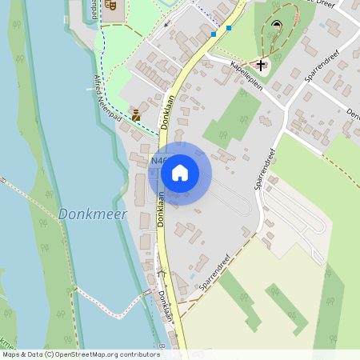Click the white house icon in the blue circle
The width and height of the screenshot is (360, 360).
(x=180, y=172)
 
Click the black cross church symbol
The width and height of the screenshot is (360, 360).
(x=261, y=64)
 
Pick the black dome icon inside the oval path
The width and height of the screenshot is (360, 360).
(x=277, y=24)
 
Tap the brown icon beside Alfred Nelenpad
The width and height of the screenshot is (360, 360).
(x=136, y=115)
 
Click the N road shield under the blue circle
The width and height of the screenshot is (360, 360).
(x=158, y=162)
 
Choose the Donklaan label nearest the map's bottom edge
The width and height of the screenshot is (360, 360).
(x=165, y=306)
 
